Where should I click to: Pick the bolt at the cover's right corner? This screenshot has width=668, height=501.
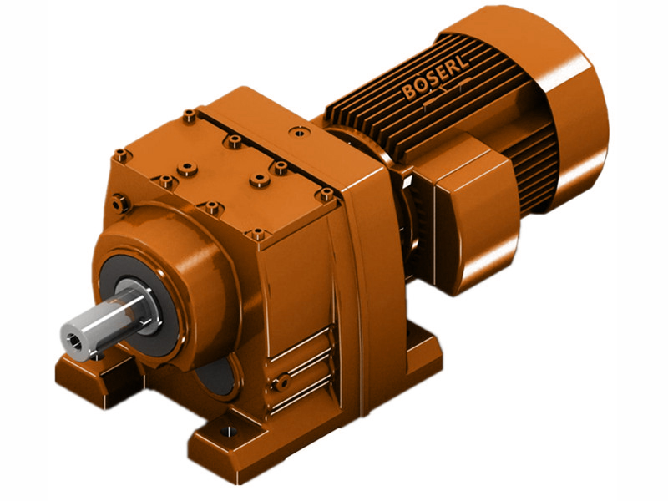(326, 195)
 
